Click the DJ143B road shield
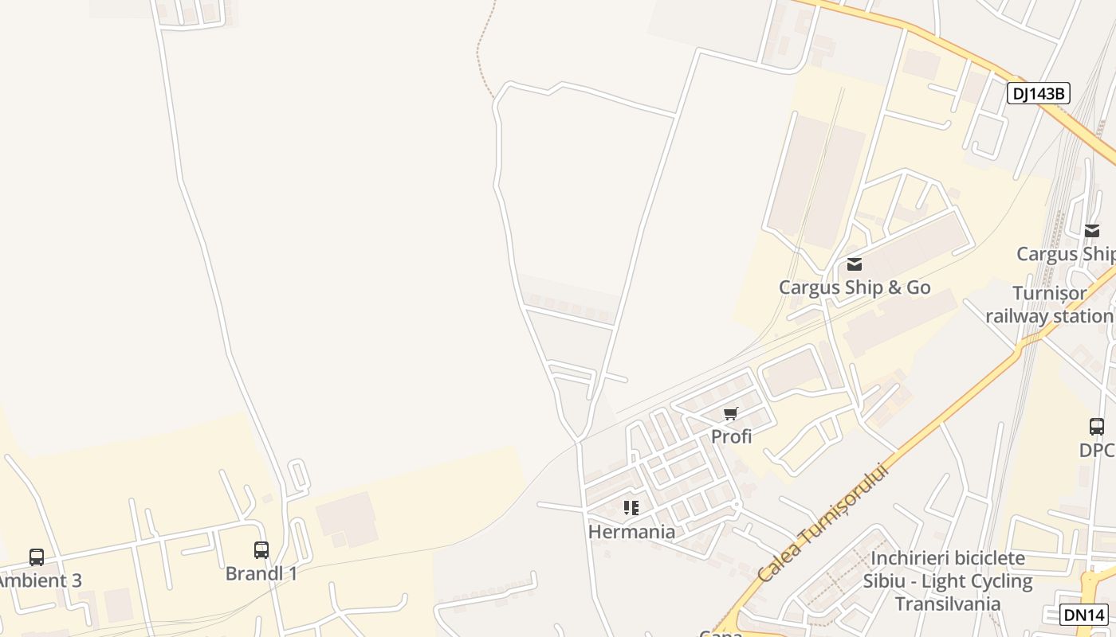click(1038, 93)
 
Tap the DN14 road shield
click(1084, 614)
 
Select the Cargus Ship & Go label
click(855, 287)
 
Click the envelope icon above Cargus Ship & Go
click(855, 264)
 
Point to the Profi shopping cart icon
click(731, 413)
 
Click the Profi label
click(731, 436)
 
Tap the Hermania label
click(631, 531)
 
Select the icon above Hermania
click(631, 508)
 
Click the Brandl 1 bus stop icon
click(261, 549)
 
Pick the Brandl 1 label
click(261, 573)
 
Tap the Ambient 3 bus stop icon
click(37, 557)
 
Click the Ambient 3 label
click(40, 580)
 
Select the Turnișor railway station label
click(1049, 305)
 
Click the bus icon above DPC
click(1097, 426)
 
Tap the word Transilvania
click(947, 604)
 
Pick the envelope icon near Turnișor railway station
click(1092, 231)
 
